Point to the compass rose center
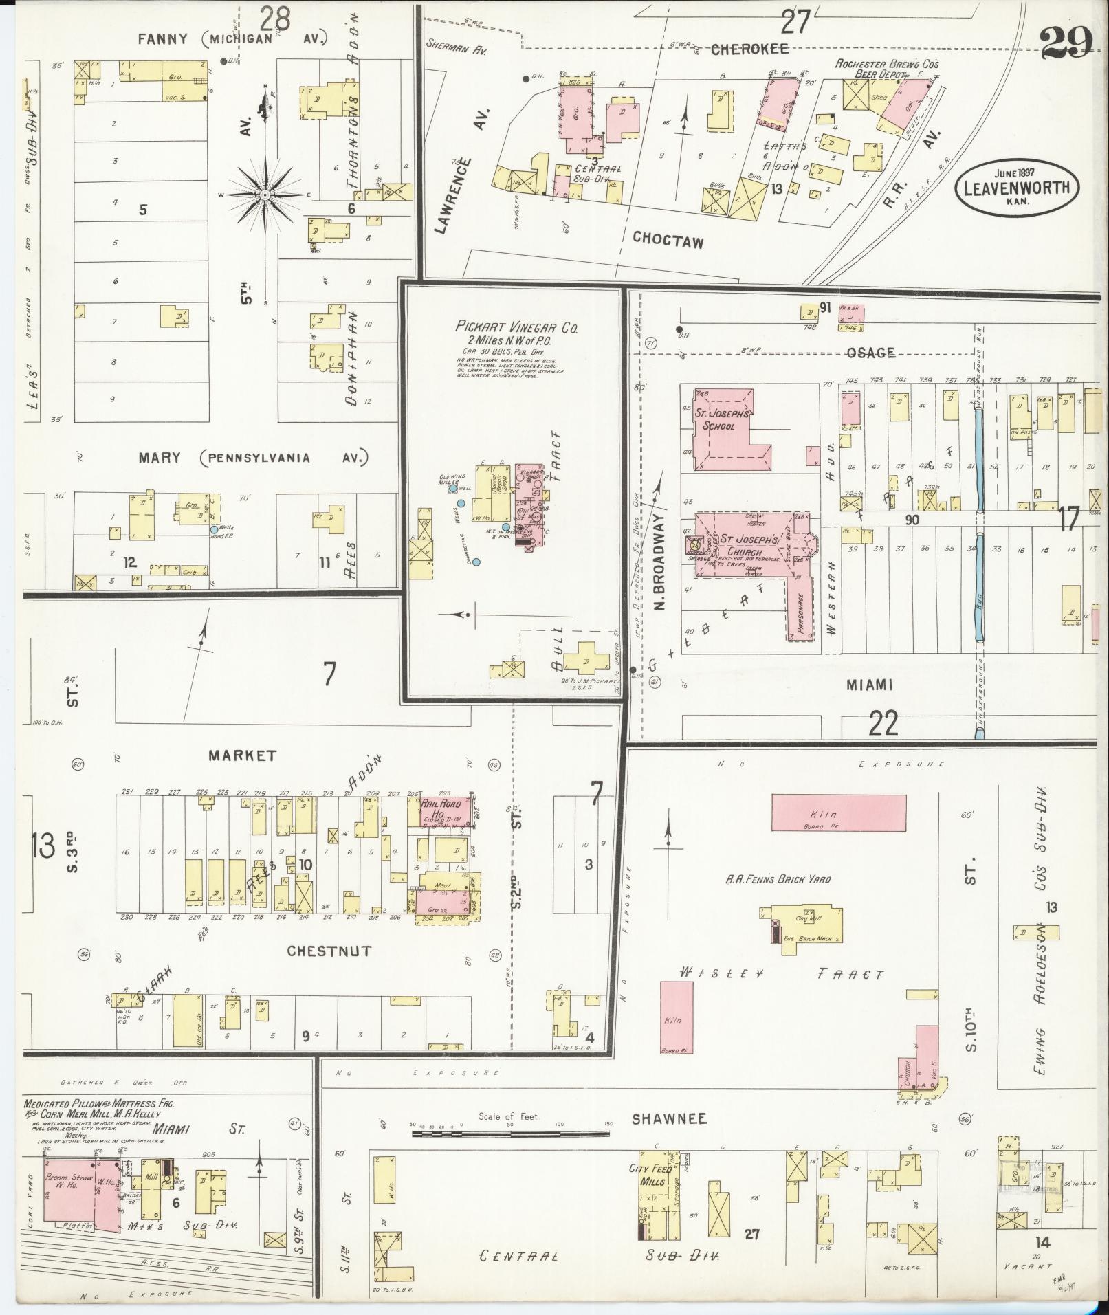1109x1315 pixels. click(265, 195)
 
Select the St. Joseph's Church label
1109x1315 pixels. click(743, 546)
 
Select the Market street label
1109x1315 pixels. click(243, 755)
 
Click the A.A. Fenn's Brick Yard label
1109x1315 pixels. click(778, 879)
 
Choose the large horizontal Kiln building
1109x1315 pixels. click(838, 814)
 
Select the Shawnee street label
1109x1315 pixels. click(669, 1118)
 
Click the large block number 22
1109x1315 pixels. click(883, 722)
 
